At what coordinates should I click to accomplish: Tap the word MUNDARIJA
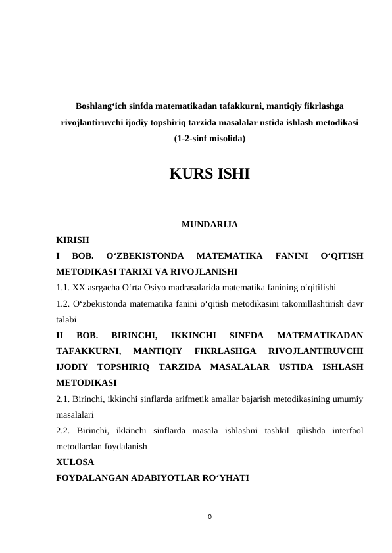point(209,225)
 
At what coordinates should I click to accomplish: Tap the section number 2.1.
point(64,399)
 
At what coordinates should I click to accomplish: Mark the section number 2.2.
point(64,430)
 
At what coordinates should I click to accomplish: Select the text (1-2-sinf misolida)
point(209,139)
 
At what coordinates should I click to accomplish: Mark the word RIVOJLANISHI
point(206,271)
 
